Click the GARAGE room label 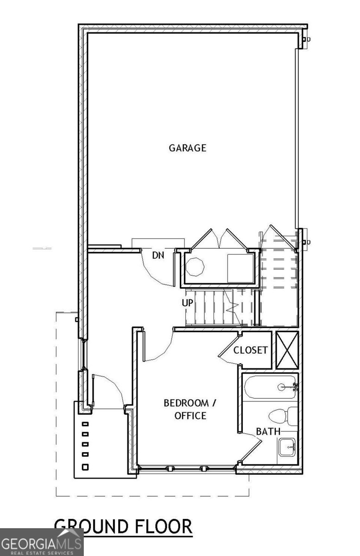coord(188,148)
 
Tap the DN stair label coord(158,255)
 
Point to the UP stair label coord(188,303)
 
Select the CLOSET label coord(250,350)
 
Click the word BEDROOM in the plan coord(186,403)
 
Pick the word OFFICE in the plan coord(190,416)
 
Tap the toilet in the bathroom coord(283,416)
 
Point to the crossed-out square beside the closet coord(287,350)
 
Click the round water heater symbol coord(195,266)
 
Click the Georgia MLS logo coord(42,542)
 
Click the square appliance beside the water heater coord(240,268)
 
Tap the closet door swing coord(229,350)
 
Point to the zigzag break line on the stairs coord(232,307)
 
